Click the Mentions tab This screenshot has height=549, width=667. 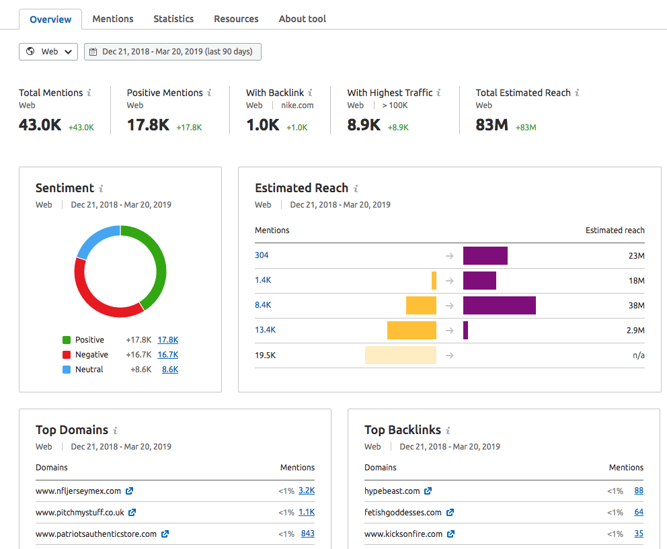click(x=112, y=19)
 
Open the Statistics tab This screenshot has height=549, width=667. click(x=173, y=19)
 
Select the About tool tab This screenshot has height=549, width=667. click(x=302, y=19)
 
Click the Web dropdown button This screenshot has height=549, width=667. click(x=48, y=52)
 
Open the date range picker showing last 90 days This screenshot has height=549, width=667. click(x=172, y=52)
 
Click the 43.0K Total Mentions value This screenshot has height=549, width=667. click(x=40, y=124)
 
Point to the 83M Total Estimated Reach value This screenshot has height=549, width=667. click(x=492, y=124)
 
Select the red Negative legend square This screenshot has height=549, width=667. click(x=67, y=355)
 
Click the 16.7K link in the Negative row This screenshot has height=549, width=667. click(x=167, y=355)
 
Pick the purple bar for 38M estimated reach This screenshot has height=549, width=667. click(x=499, y=305)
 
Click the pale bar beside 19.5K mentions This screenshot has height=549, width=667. click(x=400, y=355)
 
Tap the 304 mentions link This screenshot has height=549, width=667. click(x=262, y=255)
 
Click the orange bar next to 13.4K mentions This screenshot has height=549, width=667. click(x=411, y=330)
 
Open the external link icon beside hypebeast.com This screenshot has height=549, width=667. click(x=428, y=491)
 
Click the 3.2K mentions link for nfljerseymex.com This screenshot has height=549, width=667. click(x=306, y=491)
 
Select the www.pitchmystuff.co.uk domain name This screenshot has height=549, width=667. click(x=79, y=513)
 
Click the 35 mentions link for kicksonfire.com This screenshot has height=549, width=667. click(x=638, y=534)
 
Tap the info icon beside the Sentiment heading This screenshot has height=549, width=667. click(x=101, y=189)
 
